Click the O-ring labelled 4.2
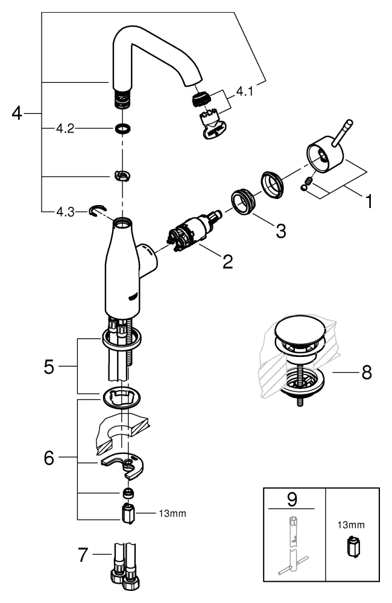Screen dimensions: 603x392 [x=123, y=128]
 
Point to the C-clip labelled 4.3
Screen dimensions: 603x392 [x=95, y=210]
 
